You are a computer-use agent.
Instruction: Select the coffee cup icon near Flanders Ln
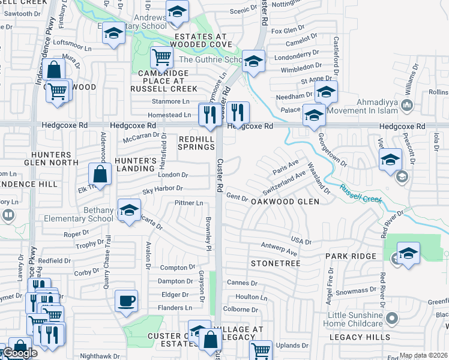[126, 301]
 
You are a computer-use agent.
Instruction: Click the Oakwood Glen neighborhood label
[285, 202]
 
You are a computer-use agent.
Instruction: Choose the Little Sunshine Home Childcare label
[355, 320]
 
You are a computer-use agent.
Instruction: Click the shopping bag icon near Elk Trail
[100, 175]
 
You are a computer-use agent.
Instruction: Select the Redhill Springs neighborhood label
[196, 143]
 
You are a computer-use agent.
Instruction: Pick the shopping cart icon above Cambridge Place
[161, 58]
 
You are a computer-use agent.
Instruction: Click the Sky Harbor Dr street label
[163, 190]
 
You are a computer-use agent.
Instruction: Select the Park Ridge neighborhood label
[351, 256]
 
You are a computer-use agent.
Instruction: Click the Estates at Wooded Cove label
[198, 40]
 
